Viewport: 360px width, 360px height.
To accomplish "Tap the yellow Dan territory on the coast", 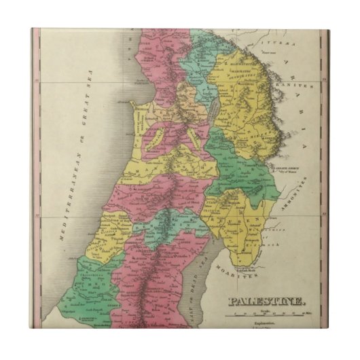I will tap(109, 228).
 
